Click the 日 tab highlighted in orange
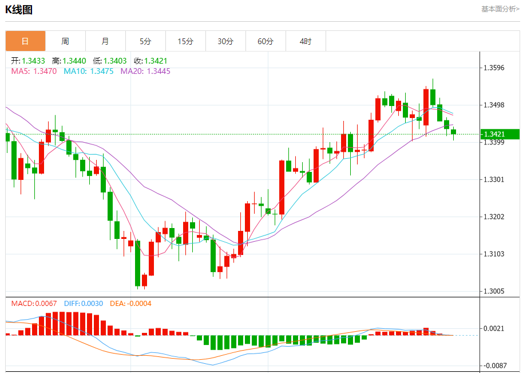coord(25,41)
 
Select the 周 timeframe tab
coord(65,41)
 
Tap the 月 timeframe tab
coord(105,41)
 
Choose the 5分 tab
coord(145,41)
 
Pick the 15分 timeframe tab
coord(185,41)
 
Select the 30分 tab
coord(225,41)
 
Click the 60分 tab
coord(266,41)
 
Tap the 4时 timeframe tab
coord(306,41)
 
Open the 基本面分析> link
coord(500,9)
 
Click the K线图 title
coord(19,10)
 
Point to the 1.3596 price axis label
coord(494,68)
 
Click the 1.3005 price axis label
coord(494,291)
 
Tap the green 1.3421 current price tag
coord(499,134)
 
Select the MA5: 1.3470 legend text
coord(34,71)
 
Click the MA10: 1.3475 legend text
coord(88,71)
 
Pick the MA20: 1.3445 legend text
coord(145,71)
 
